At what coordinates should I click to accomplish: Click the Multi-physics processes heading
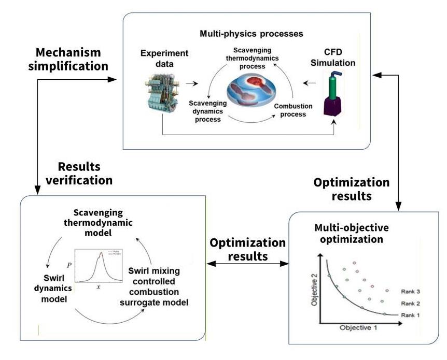tap(252, 34)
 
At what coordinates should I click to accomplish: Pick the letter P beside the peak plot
tap(69, 264)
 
